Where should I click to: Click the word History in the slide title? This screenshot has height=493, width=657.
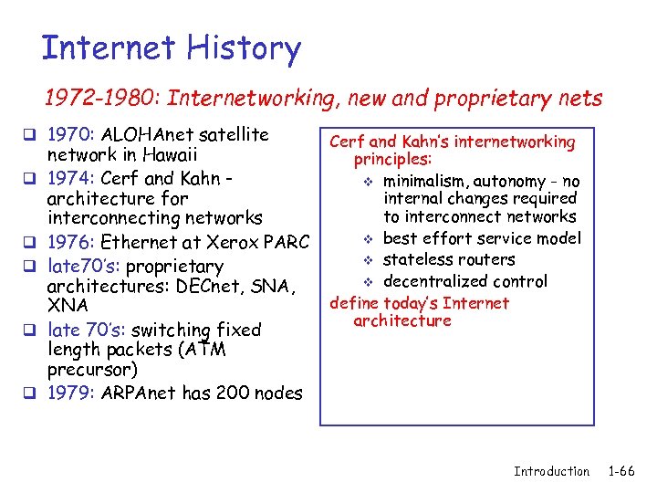pos(241,48)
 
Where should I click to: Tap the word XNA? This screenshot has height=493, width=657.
pos(68,305)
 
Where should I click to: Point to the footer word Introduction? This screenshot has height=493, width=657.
pos(551,471)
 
